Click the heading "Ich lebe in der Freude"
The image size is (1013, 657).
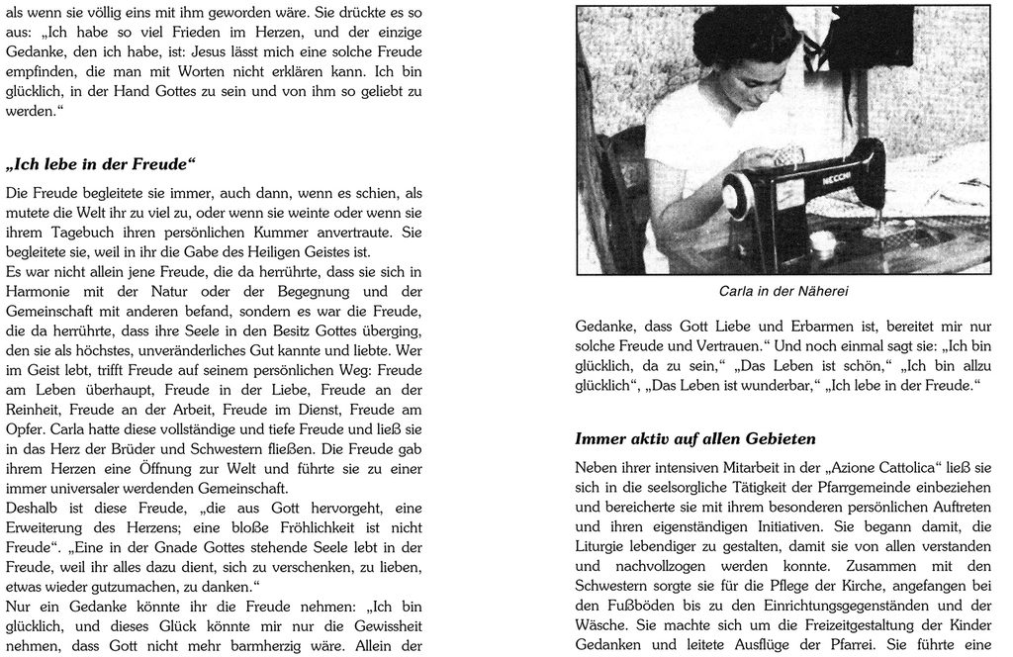[x=101, y=163]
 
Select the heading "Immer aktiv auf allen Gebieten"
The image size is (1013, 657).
[x=695, y=438]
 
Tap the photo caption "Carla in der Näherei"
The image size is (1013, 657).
[x=783, y=291]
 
